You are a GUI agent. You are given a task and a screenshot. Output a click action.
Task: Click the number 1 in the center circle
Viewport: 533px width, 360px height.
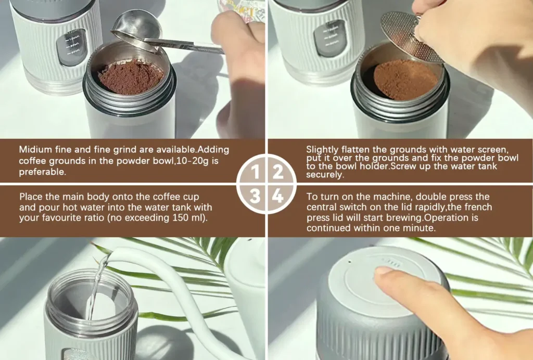(255, 172)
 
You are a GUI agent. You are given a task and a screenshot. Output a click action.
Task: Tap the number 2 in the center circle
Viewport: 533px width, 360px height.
(278, 172)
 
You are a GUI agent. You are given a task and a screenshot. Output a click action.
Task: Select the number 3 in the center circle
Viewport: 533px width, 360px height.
(255, 196)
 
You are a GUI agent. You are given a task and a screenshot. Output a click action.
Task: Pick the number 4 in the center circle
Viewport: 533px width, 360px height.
(278, 196)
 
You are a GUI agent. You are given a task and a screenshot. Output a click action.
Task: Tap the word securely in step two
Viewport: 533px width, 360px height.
(325, 175)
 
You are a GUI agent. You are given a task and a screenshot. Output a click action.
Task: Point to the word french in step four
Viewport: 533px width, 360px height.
(478, 207)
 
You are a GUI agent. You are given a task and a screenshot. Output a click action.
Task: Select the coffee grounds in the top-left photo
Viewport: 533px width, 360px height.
(131, 77)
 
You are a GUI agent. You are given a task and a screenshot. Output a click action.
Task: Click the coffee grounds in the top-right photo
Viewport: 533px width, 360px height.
(405, 80)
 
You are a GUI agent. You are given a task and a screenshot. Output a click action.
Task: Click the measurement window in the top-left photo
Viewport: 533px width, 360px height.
(71, 47)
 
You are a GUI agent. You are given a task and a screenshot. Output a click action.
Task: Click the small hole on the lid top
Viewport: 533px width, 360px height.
(350, 262)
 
